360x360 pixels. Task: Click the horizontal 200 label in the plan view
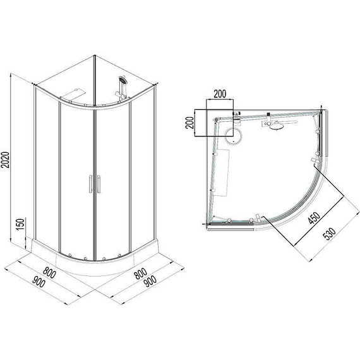tap(219, 95)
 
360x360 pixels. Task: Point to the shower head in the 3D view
tap(123, 81)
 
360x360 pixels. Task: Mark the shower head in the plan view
tap(276, 129)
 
